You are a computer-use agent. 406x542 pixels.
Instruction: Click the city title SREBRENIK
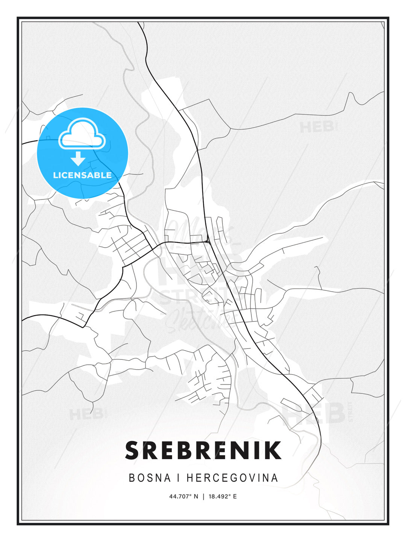point(203,450)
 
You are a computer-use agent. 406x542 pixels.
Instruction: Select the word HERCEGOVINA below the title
point(232,478)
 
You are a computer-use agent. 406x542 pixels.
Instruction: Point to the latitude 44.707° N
point(183,496)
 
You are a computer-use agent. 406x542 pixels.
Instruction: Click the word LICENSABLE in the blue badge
point(82,175)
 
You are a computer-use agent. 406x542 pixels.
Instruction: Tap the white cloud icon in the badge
point(82,133)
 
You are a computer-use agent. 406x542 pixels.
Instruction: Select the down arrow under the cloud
point(78,158)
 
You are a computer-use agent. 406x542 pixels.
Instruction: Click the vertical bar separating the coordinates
point(203,496)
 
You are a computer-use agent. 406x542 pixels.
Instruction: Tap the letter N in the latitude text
point(196,496)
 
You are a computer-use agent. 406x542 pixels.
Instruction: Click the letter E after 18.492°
point(235,496)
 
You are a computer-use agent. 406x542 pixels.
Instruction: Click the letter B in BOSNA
point(132,478)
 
